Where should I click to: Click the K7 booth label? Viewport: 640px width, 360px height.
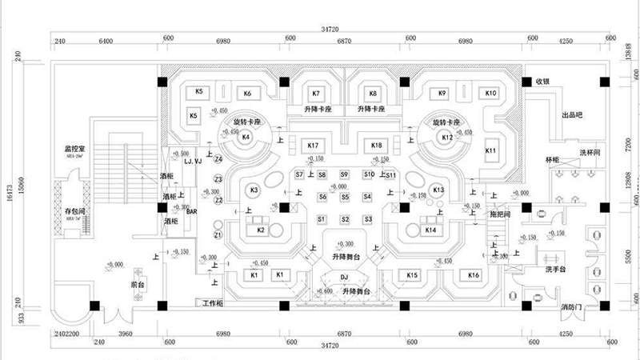(315, 93)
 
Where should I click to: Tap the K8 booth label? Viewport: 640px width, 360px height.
(373, 93)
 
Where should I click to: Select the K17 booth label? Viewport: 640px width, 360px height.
(314, 145)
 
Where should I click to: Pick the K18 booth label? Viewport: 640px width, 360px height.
(376, 145)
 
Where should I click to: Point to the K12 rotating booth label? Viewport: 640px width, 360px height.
(447, 138)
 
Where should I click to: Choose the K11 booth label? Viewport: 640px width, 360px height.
(491, 150)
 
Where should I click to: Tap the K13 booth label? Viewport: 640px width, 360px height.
(438, 190)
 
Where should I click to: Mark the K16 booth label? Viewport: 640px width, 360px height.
(474, 275)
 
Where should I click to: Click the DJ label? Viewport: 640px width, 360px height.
(343, 276)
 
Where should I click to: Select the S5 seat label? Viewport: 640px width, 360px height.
(345, 197)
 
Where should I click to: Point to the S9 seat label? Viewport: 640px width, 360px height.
(344, 174)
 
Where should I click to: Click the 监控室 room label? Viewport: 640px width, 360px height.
(75, 149)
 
